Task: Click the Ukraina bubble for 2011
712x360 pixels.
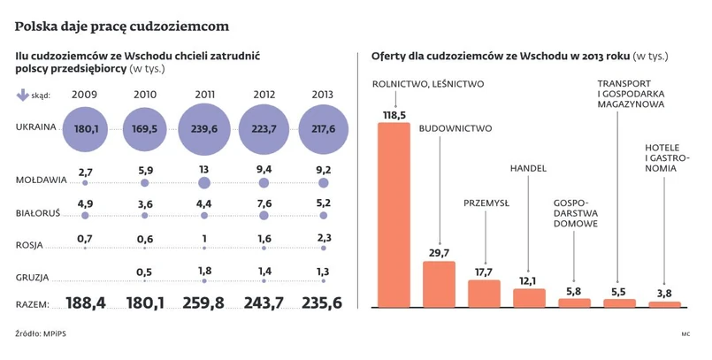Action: click(204, 128)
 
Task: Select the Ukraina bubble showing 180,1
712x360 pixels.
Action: click(86, 128)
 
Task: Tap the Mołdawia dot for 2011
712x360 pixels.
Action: click(204, 183)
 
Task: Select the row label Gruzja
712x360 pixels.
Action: click(34, 277)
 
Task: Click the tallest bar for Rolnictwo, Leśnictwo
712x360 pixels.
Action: click(394, 214)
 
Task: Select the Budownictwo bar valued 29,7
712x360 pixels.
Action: click(439, 283)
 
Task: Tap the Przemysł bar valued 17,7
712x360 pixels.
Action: click(484, 293)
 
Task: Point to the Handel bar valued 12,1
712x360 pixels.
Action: click(529, 297)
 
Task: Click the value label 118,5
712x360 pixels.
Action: click(394, 115)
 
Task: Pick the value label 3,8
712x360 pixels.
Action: click(665, 294)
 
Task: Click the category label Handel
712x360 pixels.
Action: click(529, 168)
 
